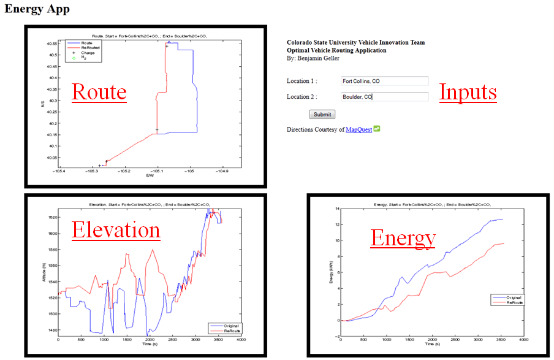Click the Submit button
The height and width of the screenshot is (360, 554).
point(322,115)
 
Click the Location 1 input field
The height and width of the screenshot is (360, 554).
point(384,81)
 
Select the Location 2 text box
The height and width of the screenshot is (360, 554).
point(384,97)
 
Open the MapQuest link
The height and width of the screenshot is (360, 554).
point(359,130)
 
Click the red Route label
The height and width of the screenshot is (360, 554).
point(99,92)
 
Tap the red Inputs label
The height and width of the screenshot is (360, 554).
point(468,92)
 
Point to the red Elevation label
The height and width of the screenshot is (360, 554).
point(116,230)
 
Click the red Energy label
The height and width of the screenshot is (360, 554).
point(403,238)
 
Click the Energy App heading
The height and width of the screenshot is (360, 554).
point(37,9)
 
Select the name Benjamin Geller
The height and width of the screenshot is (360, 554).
point(317,59)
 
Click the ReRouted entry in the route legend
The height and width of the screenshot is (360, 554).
point(90,47)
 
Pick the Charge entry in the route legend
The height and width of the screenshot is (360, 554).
point(88,53)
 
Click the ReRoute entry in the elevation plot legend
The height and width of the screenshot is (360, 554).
point(230,330)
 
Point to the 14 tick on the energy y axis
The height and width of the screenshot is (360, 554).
point(336,209)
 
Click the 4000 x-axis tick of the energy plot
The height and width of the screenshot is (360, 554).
point(523,339)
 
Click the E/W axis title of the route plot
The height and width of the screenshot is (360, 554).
point(149,176)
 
